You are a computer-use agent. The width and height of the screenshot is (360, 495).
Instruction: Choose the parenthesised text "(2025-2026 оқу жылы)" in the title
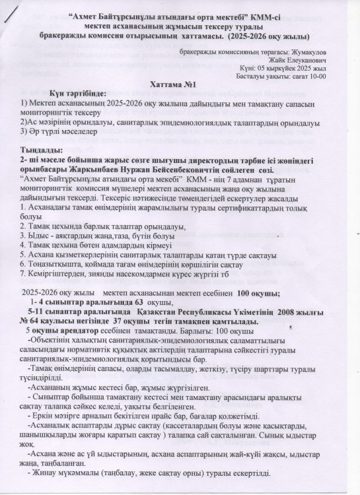point(271,35)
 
